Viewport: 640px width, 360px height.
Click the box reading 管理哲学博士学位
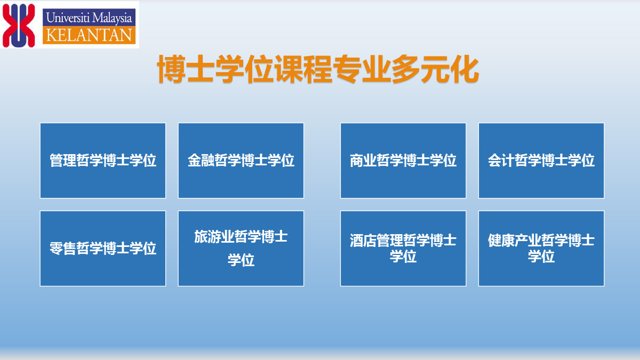[103, 161]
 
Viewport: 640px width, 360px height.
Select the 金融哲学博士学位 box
[241, 161]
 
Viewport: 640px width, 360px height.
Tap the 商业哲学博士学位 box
[403, 161]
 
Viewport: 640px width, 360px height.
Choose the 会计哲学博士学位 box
[541, 161]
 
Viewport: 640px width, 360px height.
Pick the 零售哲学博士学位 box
[103, 249]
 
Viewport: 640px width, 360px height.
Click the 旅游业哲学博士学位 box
[241, 249]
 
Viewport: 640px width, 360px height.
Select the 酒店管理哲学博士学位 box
[403, 249]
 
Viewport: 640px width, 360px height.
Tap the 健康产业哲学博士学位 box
[541, 249]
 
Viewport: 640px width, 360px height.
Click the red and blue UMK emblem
[19, 26]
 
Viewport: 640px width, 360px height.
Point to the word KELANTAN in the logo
[89, 35]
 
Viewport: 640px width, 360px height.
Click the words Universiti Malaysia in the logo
[89, 18]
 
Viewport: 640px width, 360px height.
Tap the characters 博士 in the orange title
[186, 69]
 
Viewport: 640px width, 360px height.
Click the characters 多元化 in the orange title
[435, 69]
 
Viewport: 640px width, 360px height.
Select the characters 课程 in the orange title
[303, 69]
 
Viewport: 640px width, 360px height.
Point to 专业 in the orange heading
[362, 69]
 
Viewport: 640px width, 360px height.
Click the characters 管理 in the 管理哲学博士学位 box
[63, 161]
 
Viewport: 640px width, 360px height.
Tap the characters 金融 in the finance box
[201, 161]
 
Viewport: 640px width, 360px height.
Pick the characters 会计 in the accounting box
[501, 161]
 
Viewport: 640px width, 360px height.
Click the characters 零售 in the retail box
[63, 248]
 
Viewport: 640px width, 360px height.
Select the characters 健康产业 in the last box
[515, 241]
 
